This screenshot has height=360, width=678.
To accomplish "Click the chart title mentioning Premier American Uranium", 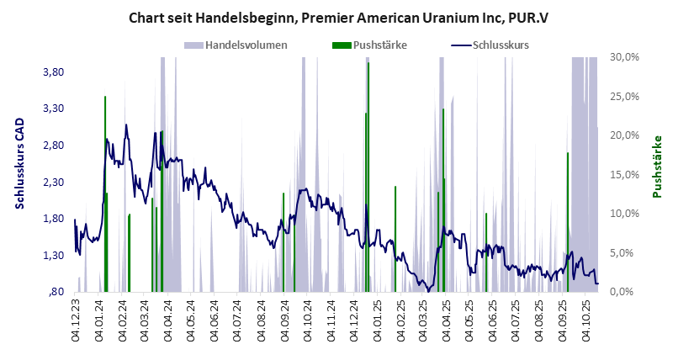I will [x=338, y=17].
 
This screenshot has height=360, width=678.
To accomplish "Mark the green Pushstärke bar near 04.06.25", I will [x=486, y=252].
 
